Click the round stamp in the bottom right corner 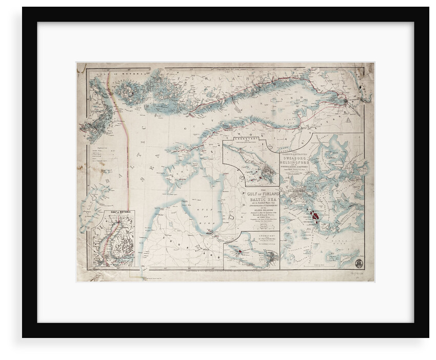pyautogui.click(x=359, y=263)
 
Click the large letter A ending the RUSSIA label pyautogui.click(x=349, y=121)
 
